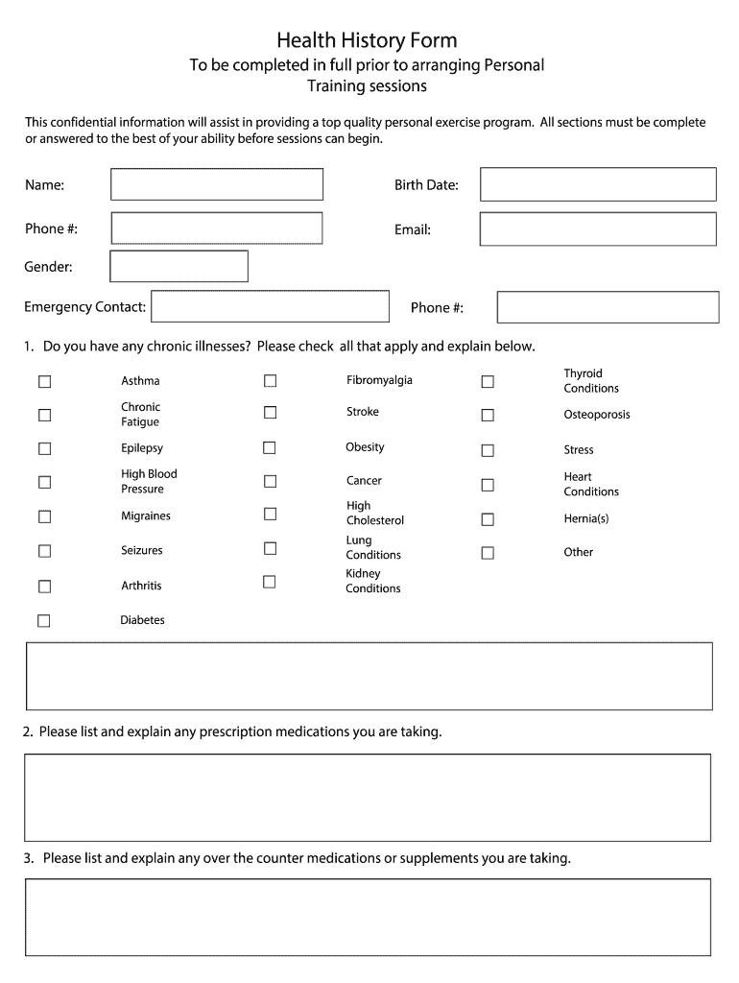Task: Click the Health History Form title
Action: click(368, 40)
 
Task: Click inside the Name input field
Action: click(217, 184)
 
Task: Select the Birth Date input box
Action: click(598, 184)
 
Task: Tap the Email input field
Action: click(598, 229)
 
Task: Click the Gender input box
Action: click(179, 266)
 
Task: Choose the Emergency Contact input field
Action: click(270, 306)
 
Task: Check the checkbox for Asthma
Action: click(44, 381)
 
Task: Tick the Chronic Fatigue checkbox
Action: click(44, 415)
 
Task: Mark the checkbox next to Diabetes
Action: click(44, 620)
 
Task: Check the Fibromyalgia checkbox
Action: click(270, 380)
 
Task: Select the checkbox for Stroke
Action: click(270, 412)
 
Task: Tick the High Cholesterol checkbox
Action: click(270, 514)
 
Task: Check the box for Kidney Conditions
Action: click(270, 581)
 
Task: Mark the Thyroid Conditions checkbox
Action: click(488, 381)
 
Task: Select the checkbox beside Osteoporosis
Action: click(488, 415)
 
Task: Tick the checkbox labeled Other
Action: click(488, 552)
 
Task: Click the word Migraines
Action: click(146, 516)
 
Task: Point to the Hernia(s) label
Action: click(585, 518)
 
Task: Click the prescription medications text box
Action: click(368, 797)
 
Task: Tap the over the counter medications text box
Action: click(368, 917)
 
